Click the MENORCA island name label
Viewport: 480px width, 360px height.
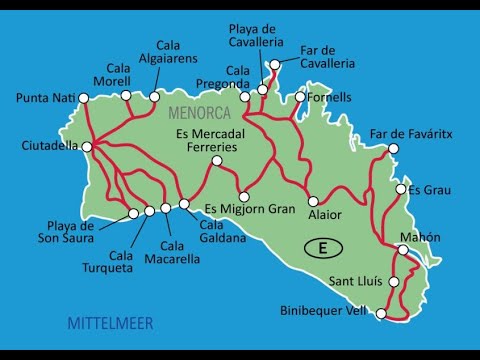[200, 113]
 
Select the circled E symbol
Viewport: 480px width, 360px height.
[321, 246]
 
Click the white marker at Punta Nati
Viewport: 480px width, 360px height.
[84, 98]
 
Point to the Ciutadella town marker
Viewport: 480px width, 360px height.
[89, 145]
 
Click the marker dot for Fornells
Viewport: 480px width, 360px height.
[299, 97]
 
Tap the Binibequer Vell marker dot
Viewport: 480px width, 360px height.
[381, 314]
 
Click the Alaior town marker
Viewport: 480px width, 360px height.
[313, 200]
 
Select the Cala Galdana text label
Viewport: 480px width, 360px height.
[206, 232]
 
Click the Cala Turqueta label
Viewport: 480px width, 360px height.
[121, 262]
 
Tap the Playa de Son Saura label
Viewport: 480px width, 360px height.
[72, 233]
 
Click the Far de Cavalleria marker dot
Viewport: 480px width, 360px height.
[274, 64]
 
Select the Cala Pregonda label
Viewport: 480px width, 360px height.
[238, 77]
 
